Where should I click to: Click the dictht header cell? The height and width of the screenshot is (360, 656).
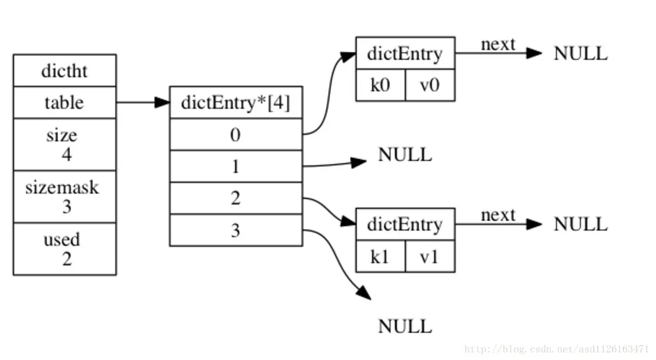tap(65, 71)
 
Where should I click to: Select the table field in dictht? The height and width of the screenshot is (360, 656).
tap(65, 103)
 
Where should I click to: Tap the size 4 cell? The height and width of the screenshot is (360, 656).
tap(65, 145)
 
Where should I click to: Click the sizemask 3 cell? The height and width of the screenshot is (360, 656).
tap(65, 197)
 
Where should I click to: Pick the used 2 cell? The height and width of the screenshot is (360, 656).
tap(65, 249)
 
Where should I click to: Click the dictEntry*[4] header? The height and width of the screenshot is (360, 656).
tap(236, 103)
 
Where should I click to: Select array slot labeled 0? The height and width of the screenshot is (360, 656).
tap(236, 135)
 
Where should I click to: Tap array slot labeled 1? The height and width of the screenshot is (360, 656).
tap(236, 166)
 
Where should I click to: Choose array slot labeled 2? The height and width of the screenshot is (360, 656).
tap(236, 198)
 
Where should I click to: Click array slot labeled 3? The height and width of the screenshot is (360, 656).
tap(236, 230)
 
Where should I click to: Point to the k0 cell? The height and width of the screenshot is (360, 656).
tap(381, 85)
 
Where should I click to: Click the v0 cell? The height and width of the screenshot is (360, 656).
tap(430, 85)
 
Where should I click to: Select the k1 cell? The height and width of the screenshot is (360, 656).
tap(381, 256)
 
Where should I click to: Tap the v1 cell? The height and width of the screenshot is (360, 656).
tap(430, 256)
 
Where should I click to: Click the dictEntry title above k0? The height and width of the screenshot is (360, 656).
tap(405, 53)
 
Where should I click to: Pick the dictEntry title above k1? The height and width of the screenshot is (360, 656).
tap(405, 225)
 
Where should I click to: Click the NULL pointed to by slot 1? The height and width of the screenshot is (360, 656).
tap(405, 154)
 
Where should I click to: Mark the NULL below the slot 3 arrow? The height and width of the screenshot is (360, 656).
tap(405, 326)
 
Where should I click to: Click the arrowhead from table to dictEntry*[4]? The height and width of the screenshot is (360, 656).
tap(162, 102)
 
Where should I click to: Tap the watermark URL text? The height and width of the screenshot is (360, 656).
tap(556, 349)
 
